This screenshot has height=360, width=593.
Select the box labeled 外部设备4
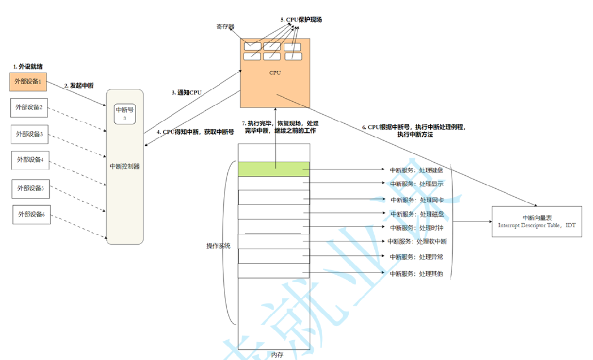click(31, 160)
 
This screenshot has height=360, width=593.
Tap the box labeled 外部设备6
click(32, 215)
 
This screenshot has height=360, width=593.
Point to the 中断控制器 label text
click(125, 166)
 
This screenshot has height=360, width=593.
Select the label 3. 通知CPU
click(187, 92)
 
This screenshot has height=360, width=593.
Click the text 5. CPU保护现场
click(301, 19)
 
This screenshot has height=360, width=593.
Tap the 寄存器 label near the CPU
click(225, 27)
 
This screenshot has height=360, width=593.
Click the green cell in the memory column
click(274, 168)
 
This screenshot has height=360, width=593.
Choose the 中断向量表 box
click(536, 221)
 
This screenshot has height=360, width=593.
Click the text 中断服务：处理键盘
click(417, 170)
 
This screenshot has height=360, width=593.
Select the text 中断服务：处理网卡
click(417, 199)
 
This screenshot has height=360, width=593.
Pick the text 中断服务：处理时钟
click(417, 228)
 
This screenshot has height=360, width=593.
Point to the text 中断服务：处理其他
click(417, 274)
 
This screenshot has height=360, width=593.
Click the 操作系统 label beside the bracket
click(219, 246)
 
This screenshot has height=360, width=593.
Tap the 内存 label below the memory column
click(276, 355)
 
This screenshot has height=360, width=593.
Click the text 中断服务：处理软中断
click(418, 242)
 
